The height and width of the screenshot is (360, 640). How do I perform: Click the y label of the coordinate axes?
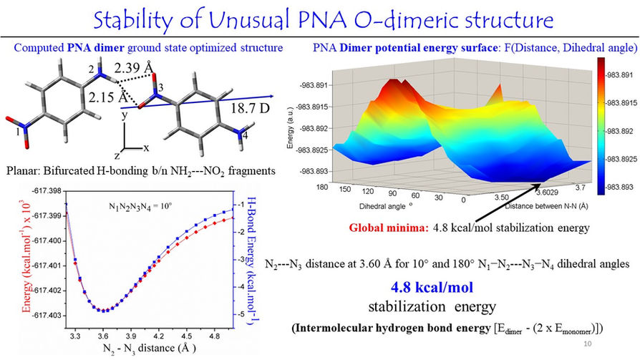click(125, 115)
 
